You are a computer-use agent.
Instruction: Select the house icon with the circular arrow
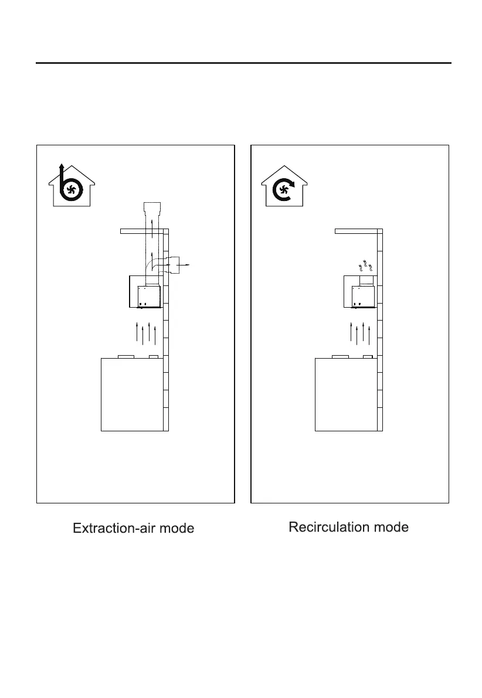[x=283, y=186]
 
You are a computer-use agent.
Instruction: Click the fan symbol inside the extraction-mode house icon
[x=72, y=189]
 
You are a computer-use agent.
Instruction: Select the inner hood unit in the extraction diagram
[x=149, y=297]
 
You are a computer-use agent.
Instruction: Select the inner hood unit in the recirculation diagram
[x=363, y=297]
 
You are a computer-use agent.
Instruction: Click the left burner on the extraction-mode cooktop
[x=126, y=356]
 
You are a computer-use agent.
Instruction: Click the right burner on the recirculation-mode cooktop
[x=368, y=356]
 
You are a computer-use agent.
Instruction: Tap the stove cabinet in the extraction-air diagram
[x=132, y=394]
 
